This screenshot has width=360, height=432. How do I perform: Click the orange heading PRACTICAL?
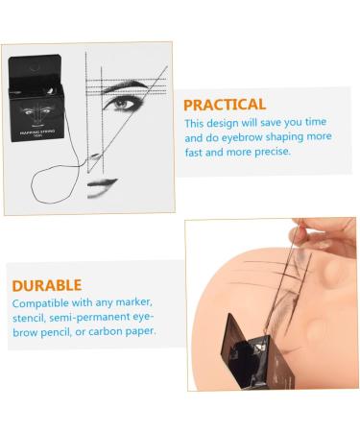tap(225, 105)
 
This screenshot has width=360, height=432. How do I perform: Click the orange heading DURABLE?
tap(46, 285)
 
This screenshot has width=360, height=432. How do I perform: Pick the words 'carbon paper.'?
tap(124, 331)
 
